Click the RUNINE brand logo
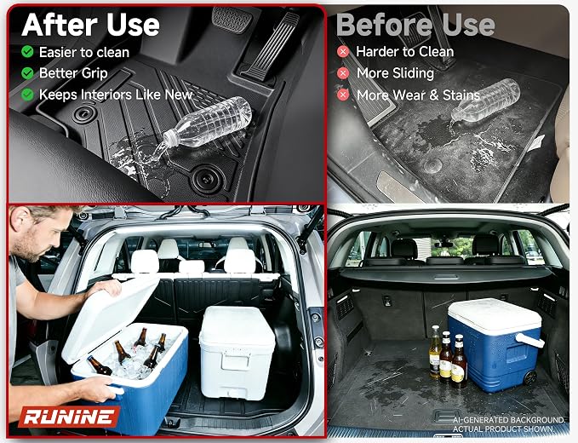[x=69, y=417]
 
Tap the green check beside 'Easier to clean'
[x=27, y=52]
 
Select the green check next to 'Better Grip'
[x=27, y=73]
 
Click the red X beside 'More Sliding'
[x=343, y=73]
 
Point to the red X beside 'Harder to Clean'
[x=343, y=52]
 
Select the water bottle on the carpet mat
[x=485, y=100]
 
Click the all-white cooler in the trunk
[x=237, y=352]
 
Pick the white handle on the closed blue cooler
[x=529, y=340]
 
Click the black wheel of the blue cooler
[x=529, y=377]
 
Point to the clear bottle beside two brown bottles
[x=435, y=352]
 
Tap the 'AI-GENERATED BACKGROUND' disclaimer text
[x=509, y=420]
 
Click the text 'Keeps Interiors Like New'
[x=116, y=95]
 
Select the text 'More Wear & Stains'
[x=418, y=95]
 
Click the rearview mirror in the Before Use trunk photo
[x=444, y=245]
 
